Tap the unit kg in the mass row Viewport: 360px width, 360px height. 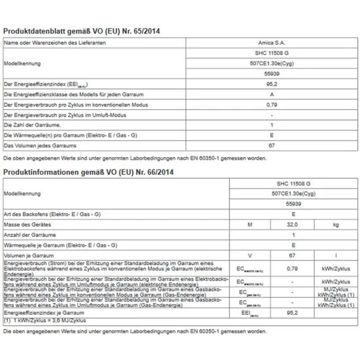pyautogui.click(x=336, y=225)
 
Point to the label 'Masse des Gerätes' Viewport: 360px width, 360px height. pyautogui.click(x=27, y=225)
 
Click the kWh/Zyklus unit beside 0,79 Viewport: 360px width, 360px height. pyautogui.click(x=336, y=267)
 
